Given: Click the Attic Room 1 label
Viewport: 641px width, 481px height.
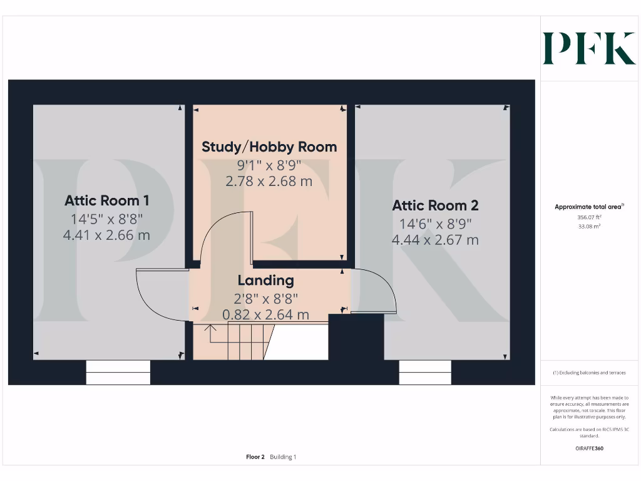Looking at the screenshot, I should click(x=107, y=200).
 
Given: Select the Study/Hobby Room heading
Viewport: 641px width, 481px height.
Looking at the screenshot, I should click(x=269, y=147).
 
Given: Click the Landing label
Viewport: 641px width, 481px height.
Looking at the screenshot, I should click(x=265, y=280).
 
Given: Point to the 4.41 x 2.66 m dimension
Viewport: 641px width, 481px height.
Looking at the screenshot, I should click(x=107, y=235).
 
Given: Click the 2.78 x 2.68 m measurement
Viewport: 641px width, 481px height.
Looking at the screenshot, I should click(x=269, y=182).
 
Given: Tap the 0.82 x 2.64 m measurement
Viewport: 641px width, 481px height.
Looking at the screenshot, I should click(x=265, y=314).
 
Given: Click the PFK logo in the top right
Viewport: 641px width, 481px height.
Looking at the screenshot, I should click(x=588, y=49).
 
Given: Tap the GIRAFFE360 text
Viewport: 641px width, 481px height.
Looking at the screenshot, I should click(x=588, y=448).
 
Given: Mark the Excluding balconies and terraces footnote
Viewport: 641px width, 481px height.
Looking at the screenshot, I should click(x=588, y=373).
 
